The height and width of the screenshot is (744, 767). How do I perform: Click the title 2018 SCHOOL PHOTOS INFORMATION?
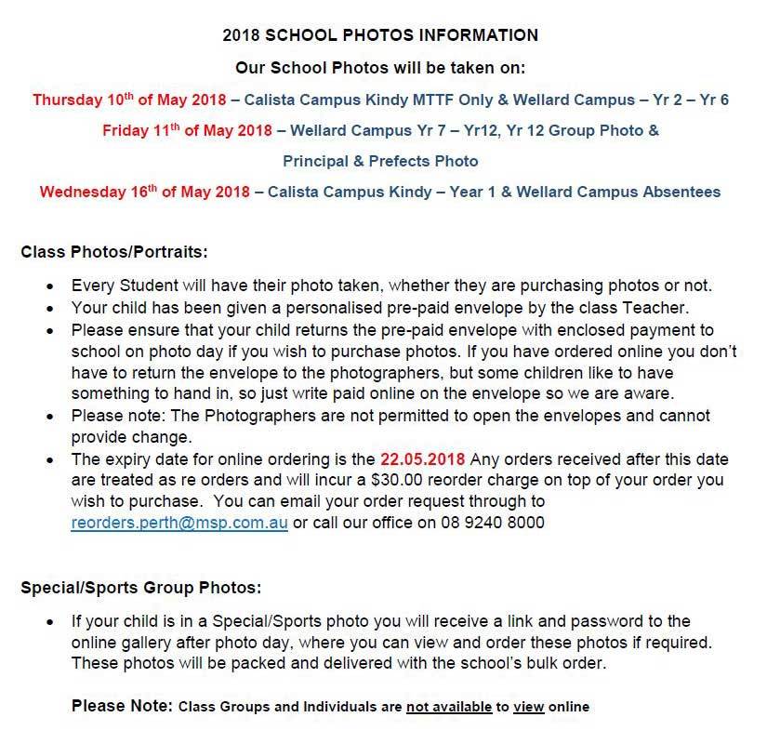click(x=380, y=36)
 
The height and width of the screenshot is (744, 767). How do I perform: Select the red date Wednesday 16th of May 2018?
click(x=144, y=193)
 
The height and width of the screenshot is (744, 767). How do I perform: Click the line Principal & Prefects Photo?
click(x=380, y=161)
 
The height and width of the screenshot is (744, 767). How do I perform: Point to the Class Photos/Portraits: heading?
click(x=114, y=251)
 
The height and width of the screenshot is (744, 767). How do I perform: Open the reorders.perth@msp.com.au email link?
click(x=179, y=523)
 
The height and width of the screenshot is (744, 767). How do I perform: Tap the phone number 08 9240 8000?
click(x=498, y=523)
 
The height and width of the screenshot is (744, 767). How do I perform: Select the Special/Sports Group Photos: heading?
click(x=140, y=588)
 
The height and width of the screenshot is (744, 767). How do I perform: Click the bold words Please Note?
click(x=122, y=707)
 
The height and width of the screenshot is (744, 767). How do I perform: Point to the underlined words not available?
click(x=449, y=708)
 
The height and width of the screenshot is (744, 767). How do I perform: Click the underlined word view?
click(x=528, y=708)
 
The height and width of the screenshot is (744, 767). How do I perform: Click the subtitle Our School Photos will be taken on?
click(x=380, y=68)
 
